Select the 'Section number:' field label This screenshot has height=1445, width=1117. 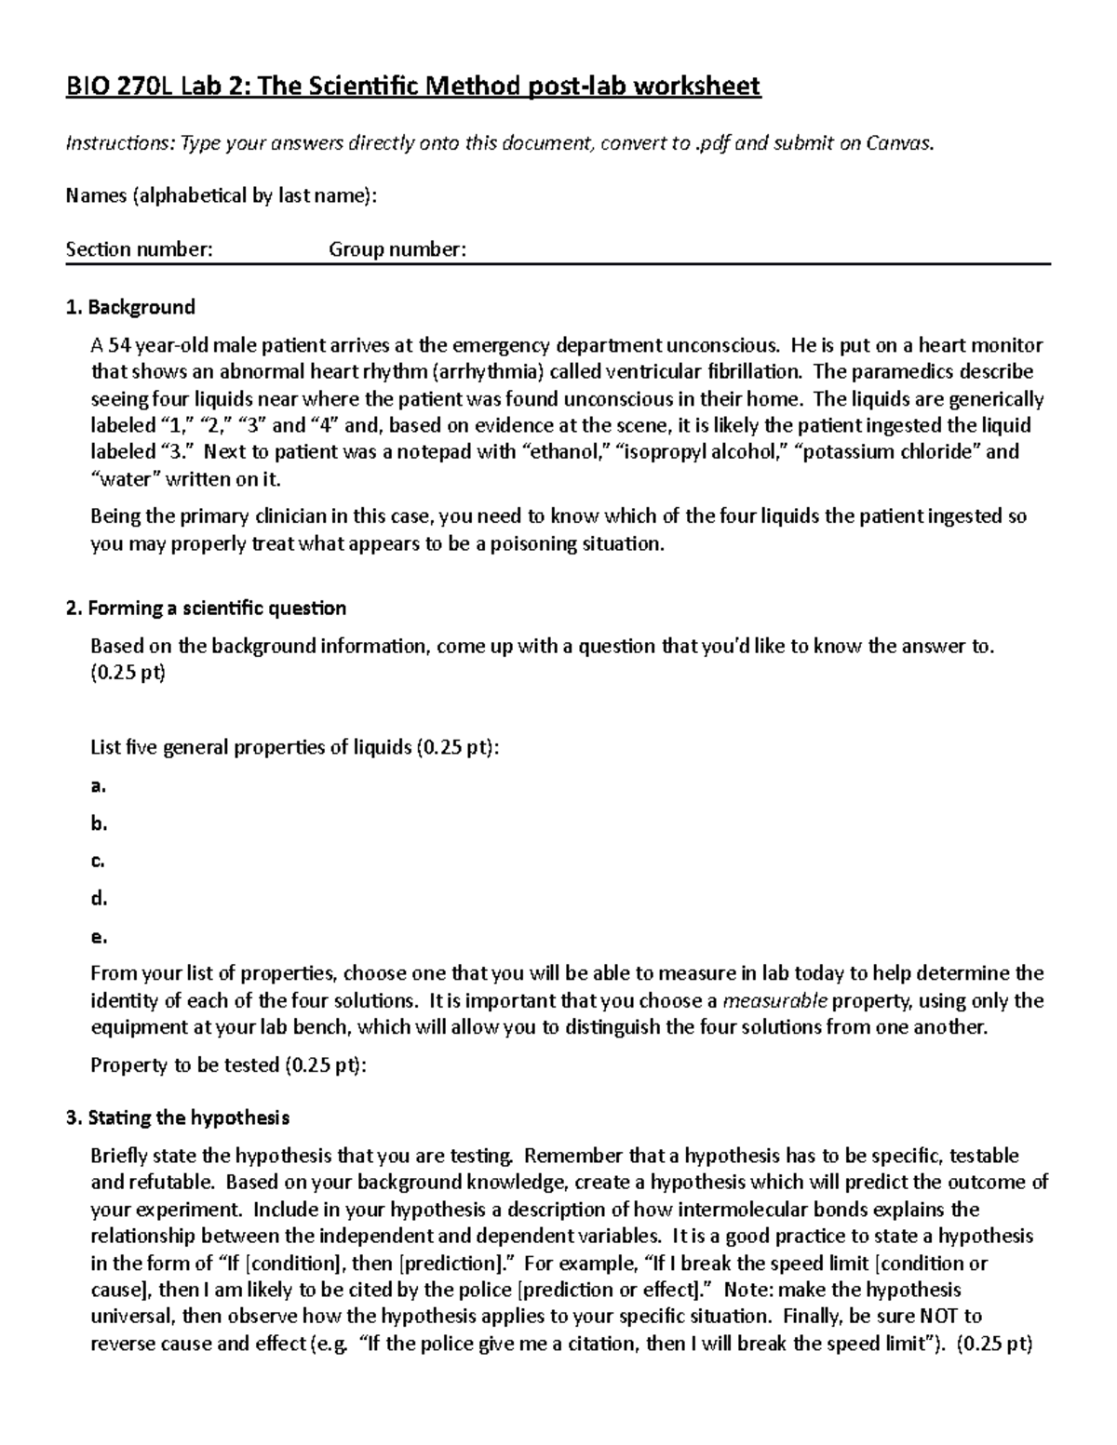[139, 249]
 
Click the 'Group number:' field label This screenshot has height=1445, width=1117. [397, 249]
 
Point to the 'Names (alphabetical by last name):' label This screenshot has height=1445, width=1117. [222, 195]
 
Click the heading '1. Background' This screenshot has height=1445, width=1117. [130, 307]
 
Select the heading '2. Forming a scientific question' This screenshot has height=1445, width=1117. [206, 609]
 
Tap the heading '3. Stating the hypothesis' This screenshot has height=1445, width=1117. [178, 1117]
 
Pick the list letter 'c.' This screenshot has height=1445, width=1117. [98, 861]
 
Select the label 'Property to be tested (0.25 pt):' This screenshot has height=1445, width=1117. [228, 1065]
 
